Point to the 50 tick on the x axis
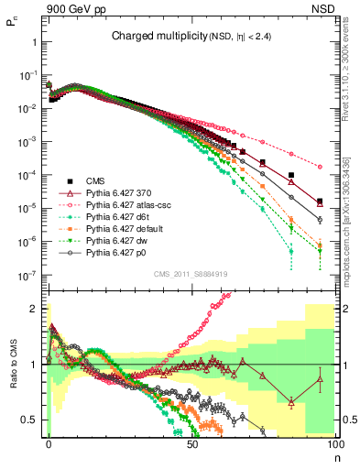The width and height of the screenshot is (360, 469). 192,443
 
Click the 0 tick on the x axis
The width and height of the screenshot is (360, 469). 49,443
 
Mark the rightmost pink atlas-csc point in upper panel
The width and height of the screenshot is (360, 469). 320,167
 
